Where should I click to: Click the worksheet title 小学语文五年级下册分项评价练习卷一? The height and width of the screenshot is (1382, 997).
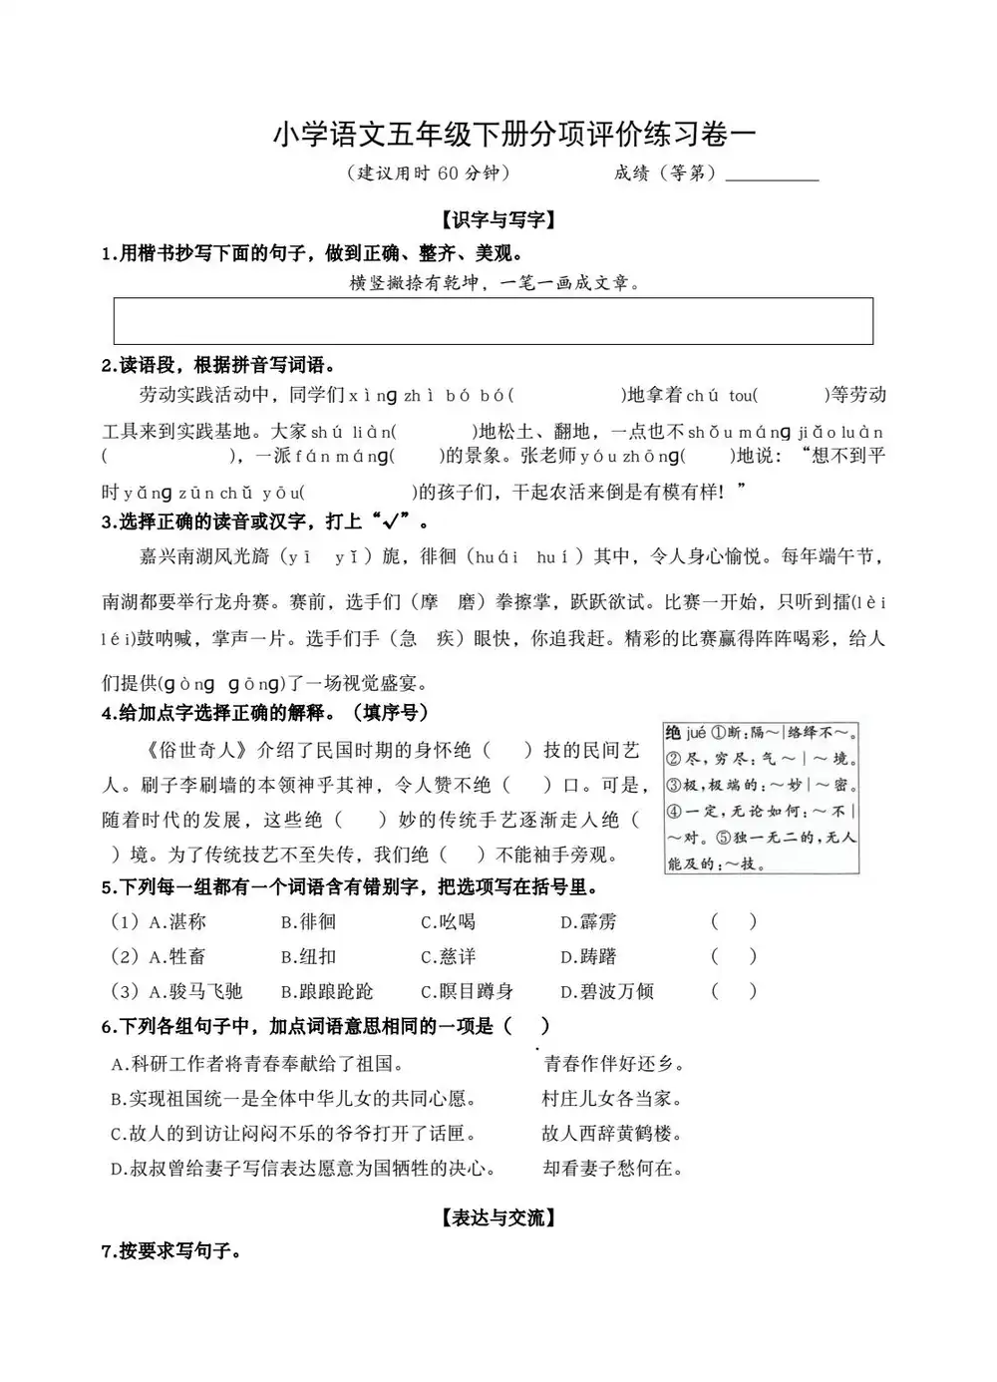[x=514, y=135]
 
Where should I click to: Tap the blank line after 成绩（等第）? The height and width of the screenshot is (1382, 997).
[x=772, y=174]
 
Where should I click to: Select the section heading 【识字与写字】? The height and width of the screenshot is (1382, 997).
[x=498, y=220]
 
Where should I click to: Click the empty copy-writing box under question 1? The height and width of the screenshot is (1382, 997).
[x=494, y=320]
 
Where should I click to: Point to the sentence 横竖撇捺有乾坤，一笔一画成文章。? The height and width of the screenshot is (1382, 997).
[x=495, y=283]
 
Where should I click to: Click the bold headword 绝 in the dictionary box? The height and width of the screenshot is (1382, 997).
[x=674, y=733]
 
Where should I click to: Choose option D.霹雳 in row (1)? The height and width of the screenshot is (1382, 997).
[x=588, y=922]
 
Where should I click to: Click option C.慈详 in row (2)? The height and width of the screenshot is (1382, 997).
[x=448, y=957]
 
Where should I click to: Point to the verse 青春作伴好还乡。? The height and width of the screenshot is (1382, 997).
[x=614, y=1064]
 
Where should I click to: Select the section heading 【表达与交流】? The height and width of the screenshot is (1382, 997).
[x=498, y=1217]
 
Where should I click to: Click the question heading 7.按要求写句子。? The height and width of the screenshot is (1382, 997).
[x=171, y=1251]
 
